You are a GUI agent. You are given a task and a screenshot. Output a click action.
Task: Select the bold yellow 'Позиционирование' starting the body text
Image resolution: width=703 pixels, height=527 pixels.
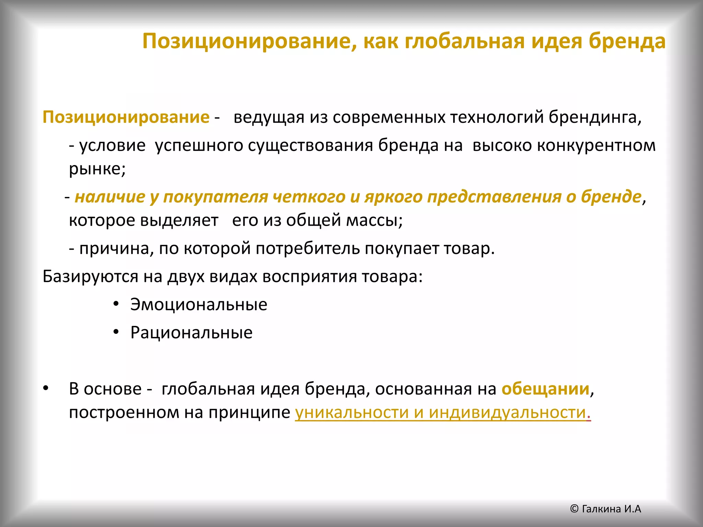126,118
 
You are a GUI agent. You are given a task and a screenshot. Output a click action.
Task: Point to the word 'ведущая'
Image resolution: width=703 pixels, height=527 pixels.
269,118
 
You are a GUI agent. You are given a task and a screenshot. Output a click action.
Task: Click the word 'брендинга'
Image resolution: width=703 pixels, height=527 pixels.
594,118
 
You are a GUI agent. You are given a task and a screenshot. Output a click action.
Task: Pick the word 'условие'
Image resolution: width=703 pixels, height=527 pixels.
112,146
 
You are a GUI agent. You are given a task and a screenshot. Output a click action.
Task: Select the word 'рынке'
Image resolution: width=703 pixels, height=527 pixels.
96,169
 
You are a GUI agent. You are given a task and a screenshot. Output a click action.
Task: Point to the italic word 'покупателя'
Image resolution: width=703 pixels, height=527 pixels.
215,197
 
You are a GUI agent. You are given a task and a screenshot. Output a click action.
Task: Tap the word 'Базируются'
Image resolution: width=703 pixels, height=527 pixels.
90,277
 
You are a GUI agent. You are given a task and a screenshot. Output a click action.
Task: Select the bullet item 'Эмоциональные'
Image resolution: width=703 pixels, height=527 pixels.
198,305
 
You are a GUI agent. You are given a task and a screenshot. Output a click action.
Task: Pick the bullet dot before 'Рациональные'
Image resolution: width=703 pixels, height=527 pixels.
116,332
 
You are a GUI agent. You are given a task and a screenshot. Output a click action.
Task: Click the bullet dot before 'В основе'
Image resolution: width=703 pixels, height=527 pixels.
46,388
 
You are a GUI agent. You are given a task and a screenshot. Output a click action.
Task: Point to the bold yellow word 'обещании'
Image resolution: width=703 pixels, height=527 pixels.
545,389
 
